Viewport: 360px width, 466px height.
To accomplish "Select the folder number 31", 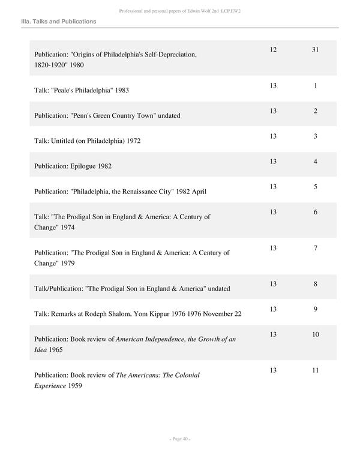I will click(314, 49).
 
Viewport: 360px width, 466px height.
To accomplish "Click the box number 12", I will click(273, 49).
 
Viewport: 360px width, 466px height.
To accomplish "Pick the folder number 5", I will click(315, 187).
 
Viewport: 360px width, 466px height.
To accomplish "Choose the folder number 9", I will click(315, 309).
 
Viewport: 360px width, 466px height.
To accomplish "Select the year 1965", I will click(55, 349).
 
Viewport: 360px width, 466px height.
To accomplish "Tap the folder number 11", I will click(314, 370).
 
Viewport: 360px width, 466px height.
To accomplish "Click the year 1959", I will click(75, 386).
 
